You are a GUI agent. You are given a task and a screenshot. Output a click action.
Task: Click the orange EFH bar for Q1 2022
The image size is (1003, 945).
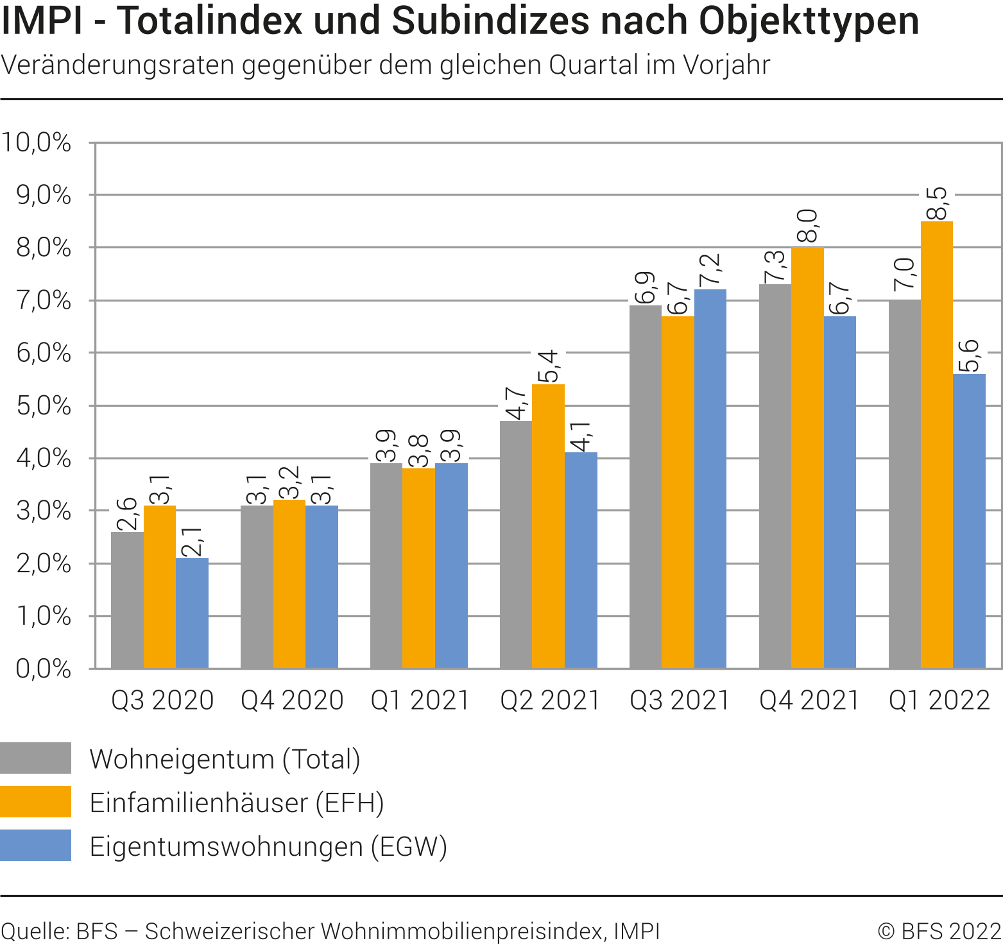pyautogui.click(x=937, y=445)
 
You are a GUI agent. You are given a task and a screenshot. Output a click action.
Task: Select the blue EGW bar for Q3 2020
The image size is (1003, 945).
pyautogui.click(x=192, y=613)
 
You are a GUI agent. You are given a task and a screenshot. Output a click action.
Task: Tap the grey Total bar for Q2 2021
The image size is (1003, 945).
pyautogui.click(x=516, y=545)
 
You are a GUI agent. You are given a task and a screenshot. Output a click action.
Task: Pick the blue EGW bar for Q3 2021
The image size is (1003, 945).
pyautogui.click(x=710, y=479)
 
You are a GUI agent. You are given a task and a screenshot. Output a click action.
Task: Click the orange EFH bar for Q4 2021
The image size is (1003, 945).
pyautogui.click(x=807, y=457)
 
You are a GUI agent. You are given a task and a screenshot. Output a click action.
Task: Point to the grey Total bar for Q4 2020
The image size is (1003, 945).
pyautogui.click(x=257, y=587)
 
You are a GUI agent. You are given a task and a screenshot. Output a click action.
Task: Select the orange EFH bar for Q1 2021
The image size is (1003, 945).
pyautogui.click(x=418, y=568)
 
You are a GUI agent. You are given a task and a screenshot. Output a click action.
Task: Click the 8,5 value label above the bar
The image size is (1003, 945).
pyautogui.click(x=936, y=203)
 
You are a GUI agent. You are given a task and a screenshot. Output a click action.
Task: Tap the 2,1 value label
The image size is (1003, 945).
pyautogui.click(x=191, y=541)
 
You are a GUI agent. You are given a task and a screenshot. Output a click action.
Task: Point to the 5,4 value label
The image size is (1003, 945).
pyautogui.click(x=548, y=366)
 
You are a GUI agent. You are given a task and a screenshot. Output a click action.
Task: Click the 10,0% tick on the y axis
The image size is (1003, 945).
pyautogui.click(x=36, y=142)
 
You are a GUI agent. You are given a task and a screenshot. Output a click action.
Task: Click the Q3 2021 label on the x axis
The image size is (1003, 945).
pyautogui.click(x=680, y=700)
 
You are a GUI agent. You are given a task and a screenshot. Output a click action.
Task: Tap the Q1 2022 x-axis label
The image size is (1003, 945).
pyautogui.click(x=939, y=700)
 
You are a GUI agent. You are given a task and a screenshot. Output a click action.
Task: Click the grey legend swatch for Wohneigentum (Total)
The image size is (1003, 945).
pyautogui.click(x=35, y=758)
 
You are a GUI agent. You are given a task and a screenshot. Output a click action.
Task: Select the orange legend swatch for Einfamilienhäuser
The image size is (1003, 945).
pyautogui.click(x=35, y=802)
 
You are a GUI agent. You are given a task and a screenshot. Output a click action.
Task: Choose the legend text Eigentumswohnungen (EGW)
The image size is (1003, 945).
pyautogui.click(x=268, y=846)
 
